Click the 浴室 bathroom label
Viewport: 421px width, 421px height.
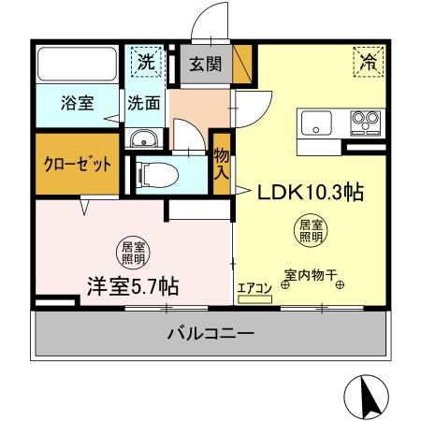[x=79, y=103]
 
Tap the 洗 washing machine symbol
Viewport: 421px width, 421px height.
[x=146, y=64]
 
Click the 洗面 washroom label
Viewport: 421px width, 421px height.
[x=144, y=103]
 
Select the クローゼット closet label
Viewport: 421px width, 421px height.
[x=78, y=164]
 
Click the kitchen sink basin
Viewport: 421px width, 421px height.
[x=313, y=123]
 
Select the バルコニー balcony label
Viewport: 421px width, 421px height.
[x=210, y=334]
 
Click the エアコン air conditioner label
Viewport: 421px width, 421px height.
[x=253, y=288]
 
